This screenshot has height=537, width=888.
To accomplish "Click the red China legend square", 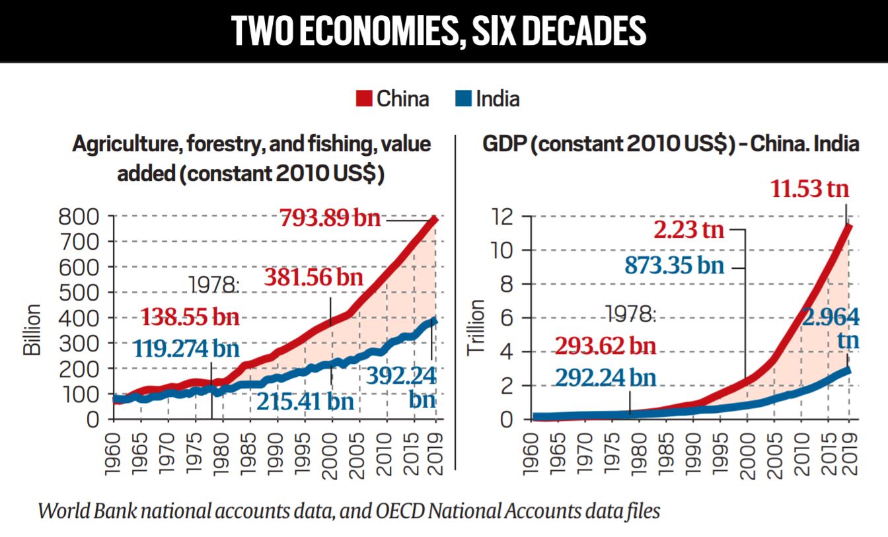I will [365, 99].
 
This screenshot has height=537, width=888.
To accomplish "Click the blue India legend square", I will [464, 99].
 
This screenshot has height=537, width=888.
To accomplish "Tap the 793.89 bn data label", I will [330, 217].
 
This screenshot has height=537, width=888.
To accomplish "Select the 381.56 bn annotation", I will [314, 277].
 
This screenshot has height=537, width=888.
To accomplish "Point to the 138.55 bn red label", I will [189, 318].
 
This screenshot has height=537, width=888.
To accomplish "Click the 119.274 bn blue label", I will [186, 349].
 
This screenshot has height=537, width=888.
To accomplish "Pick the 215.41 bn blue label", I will [305, 401].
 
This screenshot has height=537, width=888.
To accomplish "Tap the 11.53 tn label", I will [809, 190].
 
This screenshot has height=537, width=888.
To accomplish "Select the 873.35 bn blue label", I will [674, 266].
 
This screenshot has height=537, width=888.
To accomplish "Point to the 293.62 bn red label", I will [605, 346].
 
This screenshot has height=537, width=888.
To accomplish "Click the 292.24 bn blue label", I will [605, 377].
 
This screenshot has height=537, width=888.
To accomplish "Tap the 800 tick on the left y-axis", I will [79, 217].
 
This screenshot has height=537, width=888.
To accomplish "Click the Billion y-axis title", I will [32, 330].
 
